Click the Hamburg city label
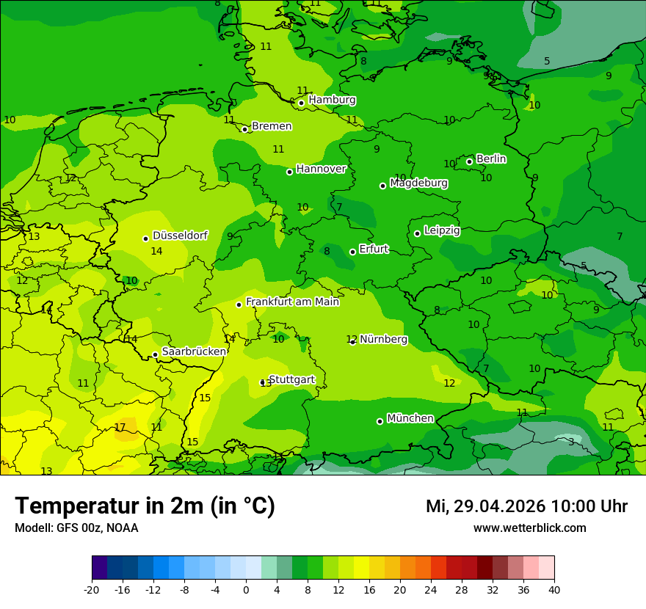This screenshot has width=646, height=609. [332, 100]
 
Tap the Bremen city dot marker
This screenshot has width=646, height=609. [244, 129]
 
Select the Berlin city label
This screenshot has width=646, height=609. [491, 159]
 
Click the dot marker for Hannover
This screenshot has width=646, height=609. [289, 172]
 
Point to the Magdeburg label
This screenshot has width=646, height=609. [418, 183]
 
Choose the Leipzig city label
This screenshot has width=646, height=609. [442, 230]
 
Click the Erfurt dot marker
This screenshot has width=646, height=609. [352, 252]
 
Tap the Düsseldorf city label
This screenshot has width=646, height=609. [180, 236]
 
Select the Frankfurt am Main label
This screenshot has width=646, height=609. [292, 302]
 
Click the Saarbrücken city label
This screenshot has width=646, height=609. [194, 351]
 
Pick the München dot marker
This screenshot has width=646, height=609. [380, 421]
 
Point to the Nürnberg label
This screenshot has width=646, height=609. [383, 339]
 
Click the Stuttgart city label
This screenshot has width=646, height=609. [292, 379]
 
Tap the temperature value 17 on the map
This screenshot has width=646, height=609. [120, 427]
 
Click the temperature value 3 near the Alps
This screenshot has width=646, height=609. [571, 442]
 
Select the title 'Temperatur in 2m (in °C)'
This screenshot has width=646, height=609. [145, 506]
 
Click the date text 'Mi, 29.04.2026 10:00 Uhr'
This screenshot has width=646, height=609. [526, 506]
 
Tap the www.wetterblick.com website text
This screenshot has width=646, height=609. [529, 528]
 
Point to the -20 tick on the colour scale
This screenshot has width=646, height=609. [92, 589]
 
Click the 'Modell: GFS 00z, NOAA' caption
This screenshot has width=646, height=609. [76, 528]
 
